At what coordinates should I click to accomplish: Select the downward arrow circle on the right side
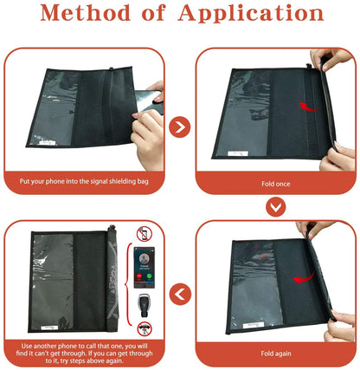tap(274, 207)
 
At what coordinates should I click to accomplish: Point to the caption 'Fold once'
tap(274, 184)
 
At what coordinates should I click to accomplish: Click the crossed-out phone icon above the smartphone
tap(145, 237)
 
